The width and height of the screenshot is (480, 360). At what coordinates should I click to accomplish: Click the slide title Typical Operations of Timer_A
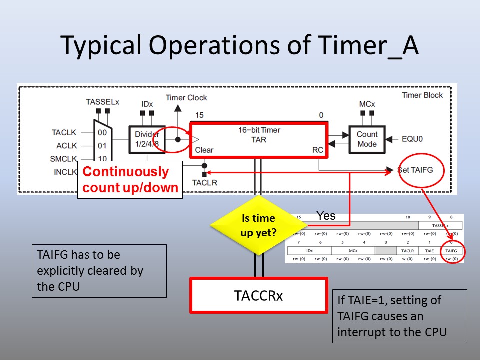(239, 45)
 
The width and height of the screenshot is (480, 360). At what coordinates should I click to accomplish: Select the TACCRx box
(258, 295)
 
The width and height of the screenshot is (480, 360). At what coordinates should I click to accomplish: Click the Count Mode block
(367, 139)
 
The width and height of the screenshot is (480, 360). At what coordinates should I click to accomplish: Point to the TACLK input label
(63, 132)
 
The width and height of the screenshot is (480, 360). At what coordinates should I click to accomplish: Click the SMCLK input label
(63, 159)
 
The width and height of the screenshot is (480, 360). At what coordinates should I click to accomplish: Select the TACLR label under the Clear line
(205, 183)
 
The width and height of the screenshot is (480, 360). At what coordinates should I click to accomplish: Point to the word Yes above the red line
(326, 216)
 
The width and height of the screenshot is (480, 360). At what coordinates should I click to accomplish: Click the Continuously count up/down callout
(130, 180)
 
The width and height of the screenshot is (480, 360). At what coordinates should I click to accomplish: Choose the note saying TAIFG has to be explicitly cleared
(99, 271)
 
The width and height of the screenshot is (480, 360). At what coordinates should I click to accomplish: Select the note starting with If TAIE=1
(399, 316)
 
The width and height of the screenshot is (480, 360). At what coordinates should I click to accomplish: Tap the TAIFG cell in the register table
(451, 250)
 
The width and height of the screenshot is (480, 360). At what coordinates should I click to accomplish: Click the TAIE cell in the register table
(429, 250)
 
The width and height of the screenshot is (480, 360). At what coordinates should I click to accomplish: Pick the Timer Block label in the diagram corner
(422, 95)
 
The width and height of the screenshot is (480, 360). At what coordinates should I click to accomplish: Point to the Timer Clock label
(186, 98)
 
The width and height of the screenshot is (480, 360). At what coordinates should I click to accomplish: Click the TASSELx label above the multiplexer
(103, 102)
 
